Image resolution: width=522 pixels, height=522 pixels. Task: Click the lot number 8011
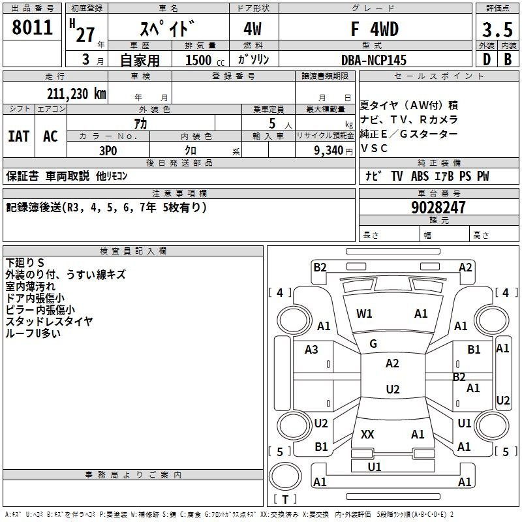pyautogui.click(x=32, y=27)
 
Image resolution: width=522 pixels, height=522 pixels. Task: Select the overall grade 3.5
pyautogui.click(x=497, y=29)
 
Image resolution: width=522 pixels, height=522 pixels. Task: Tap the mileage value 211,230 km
pyautogui.click(x=76, y=94)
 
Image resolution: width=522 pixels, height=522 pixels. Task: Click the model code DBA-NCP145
pyautogui.click(x=374, y=60)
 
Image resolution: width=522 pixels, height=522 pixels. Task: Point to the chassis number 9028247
pyautogui.click(x=438, y=207)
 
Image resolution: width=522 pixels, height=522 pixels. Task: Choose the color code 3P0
pyautogui.click(x=108, y=151)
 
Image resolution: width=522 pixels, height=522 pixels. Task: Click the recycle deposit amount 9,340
pyautogui.click(x=329, y=151)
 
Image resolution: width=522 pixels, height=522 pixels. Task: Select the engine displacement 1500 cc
pyautogui.click(x=205, y=60)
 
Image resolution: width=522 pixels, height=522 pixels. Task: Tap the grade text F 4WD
pyautogui.click(x=375, y=29)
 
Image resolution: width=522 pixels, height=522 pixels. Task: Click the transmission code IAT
pyautogui.click(x=19, y=136)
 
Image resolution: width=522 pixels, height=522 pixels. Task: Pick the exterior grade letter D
pyautogui.click(x=487, y=59)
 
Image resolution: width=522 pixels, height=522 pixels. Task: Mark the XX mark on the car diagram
pyautogui.click(x=367, y=434)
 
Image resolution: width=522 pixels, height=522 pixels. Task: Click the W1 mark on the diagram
pyautogui.click(x=364, y=314)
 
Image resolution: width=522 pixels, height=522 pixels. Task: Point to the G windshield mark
pyautogui.click(x=373, y=344)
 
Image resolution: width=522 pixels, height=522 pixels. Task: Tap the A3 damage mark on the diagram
pyautogui.click(x=311, y=350)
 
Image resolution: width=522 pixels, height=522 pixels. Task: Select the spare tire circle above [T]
pyautogui.click(x=285, y=476)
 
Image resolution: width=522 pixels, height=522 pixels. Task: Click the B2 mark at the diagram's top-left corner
pyautogui.click(x=320, y=268)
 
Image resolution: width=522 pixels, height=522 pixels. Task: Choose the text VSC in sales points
pyautogui.click(x=374, y=148)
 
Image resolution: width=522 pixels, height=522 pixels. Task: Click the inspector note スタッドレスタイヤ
pyautogui.click(x=49, y=322)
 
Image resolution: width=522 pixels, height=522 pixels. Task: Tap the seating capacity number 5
pyautogui.click(x=272, y=124)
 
